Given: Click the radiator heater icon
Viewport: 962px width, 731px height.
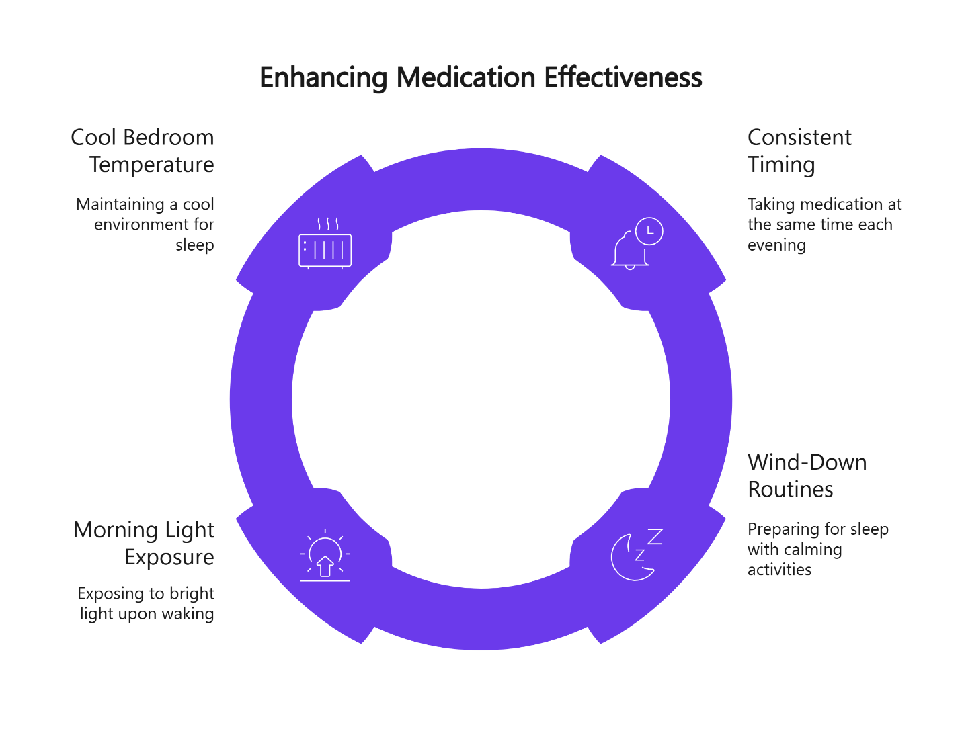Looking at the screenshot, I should (x=325, y=245).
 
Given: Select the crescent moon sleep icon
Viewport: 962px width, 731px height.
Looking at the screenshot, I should (x=635, y=555).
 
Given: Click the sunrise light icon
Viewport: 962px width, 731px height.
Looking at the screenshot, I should (x=325, y=556).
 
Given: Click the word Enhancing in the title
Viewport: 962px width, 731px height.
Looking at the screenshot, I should (x=323, y=78).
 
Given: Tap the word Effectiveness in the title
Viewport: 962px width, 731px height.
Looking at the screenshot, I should (x=623, y=78).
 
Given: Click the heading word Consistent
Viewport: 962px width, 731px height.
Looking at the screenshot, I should (x=799, y=138).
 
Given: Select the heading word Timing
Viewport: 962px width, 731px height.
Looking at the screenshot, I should (x=781, y=165).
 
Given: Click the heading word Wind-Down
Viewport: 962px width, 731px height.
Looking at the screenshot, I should (x=807, y=462).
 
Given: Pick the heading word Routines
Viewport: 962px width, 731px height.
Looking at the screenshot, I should (x=790, y=490).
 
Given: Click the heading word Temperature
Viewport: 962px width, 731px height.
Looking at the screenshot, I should (x=152, y=165).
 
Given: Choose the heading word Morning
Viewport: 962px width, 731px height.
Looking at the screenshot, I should (x=116, y=530).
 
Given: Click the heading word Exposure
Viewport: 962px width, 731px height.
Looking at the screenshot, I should (x=169, y=558).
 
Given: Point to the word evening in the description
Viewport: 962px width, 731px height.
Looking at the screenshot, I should (x=776, y=245).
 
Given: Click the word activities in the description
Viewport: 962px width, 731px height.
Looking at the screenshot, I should (x=779, y=570).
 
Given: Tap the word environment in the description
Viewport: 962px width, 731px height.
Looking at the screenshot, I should (x=137, y=224).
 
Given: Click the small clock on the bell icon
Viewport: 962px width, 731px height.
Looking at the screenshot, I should (x=649, y=231).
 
